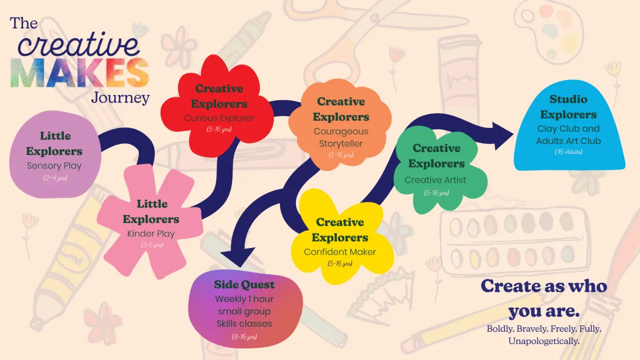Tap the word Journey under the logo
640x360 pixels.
click(x=120, y=99)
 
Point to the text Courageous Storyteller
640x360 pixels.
click(x=341, y=137)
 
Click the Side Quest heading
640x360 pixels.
click(x=244, y=284)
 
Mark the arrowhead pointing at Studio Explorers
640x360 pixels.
click(x=501, y=134)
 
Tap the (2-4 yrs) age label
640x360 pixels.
click(x=54, y=178)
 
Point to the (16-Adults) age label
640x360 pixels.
click(x=568, y=152)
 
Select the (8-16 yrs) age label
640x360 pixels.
click(x=244, y=337)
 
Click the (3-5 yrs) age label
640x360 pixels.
click(x=151, y=245)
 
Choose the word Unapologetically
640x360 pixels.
click(x=543, y=341)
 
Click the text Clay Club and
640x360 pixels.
click(x=569, y=129)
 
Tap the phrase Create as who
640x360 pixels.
click(x=544, y=286)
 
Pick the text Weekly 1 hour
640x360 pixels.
click(x=244, y=299)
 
